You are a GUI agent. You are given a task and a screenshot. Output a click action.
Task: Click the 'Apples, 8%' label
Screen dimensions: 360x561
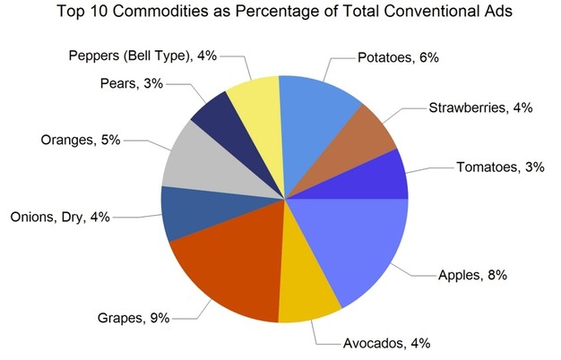[470, 275]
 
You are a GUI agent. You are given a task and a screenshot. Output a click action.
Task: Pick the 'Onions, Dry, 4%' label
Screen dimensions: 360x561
[58, 217]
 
